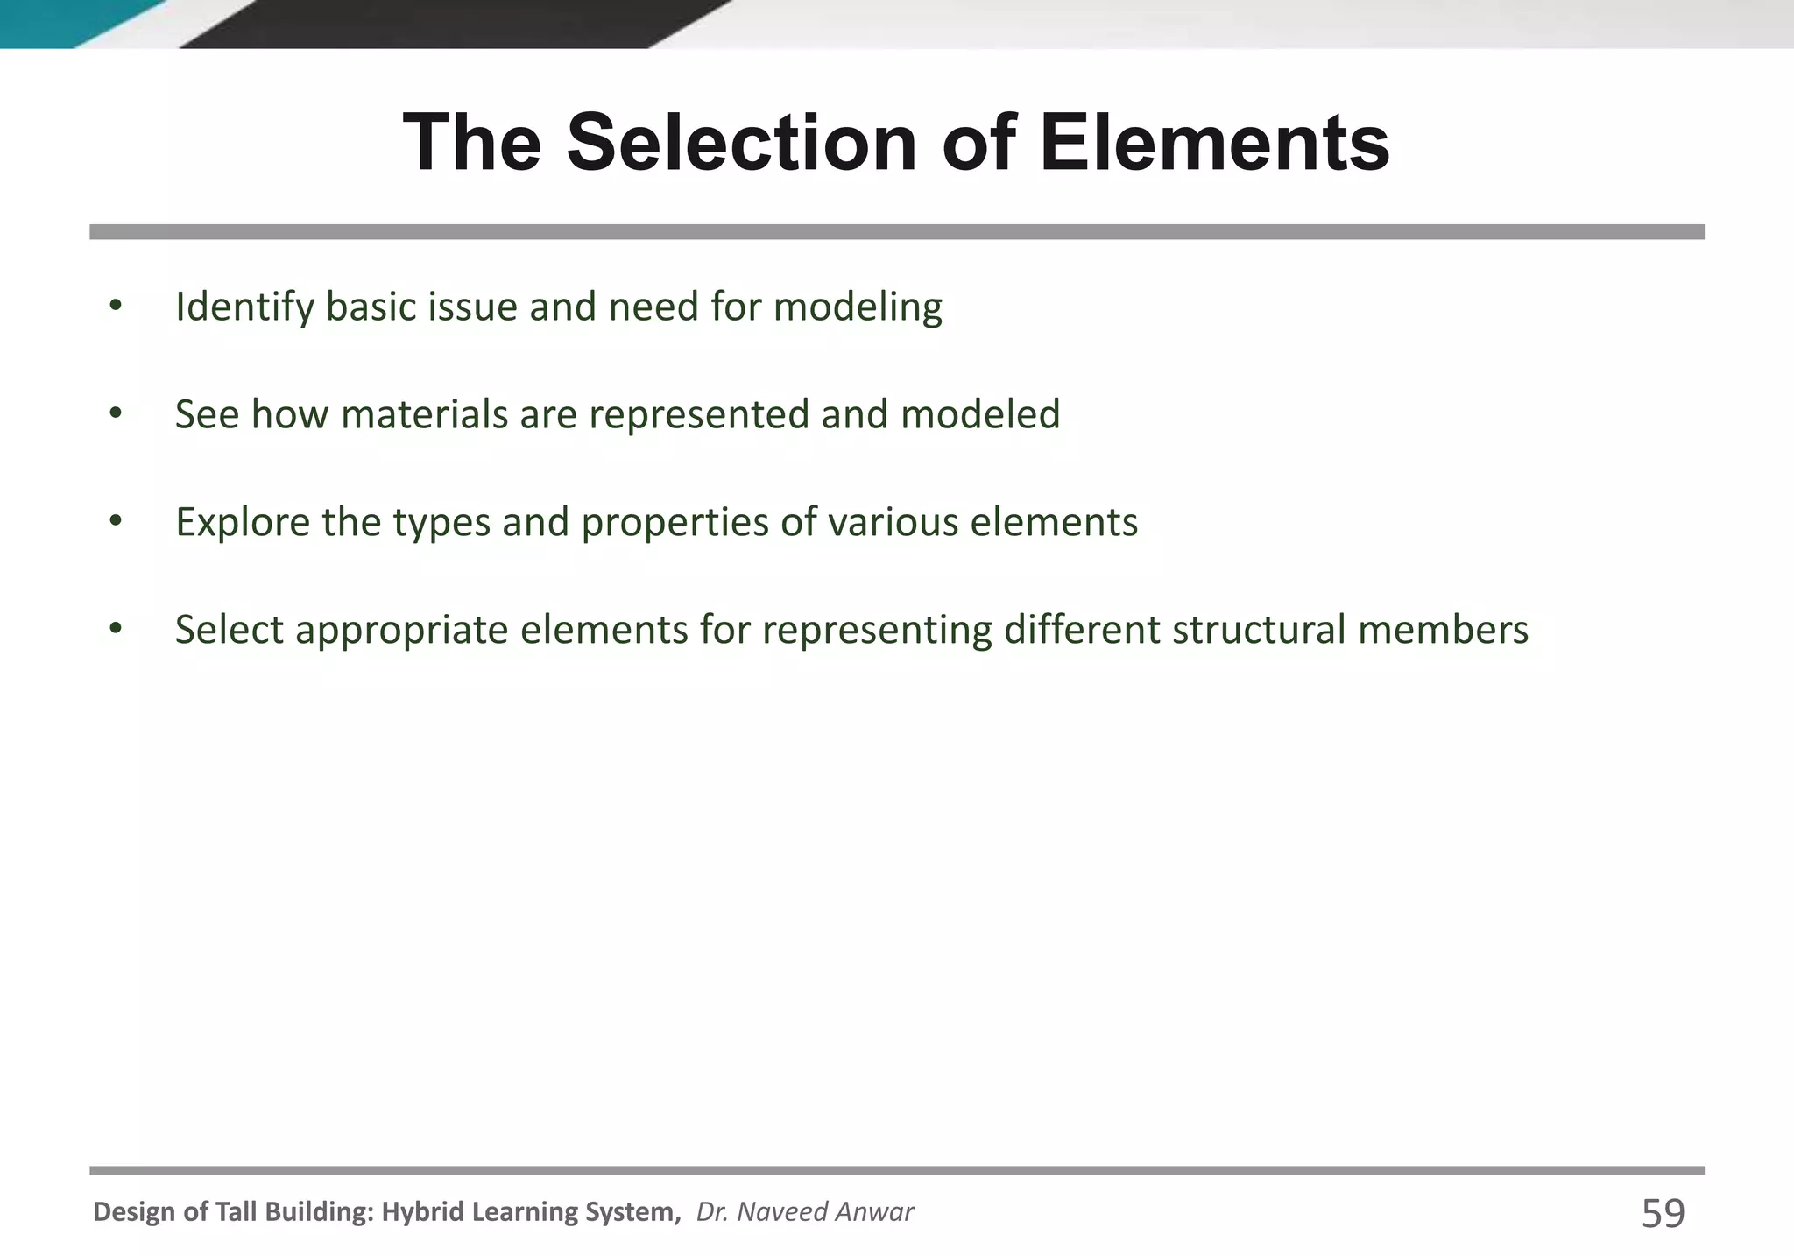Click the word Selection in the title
coord(742,143)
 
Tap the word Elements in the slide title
coord(1214,143)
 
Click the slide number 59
coord(1663,1214)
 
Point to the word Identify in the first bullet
coord(244,307)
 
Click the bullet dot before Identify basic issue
coord(116,307)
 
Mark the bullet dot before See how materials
coord(116,414)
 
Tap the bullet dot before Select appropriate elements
coord(116,629)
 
